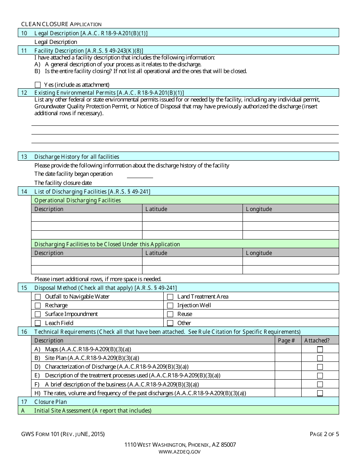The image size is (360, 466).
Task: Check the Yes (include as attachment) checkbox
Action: click(x=38, y=85)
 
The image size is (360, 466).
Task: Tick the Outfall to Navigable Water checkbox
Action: click(x=38, y=297)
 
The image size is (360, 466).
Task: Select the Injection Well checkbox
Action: click(x=170, y=305)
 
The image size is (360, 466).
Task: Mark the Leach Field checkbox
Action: click(x=38, y=323)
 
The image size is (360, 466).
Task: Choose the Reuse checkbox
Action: click(x=170, y=314)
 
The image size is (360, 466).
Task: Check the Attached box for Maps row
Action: click(x=320, y=349)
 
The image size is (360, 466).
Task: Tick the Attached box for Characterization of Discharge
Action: click(x=320, y=367)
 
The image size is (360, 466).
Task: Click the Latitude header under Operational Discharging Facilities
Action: click(x=156, y=209)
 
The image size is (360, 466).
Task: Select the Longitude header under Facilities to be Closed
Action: click(x=259, y=253)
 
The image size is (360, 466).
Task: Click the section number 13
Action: click(x=24, y=156)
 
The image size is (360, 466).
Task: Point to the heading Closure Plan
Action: click(x=50, y=402)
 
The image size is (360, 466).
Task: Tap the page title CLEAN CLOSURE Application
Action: click(x=61, y=24)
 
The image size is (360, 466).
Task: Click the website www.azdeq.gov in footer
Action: click(x=180, y=452)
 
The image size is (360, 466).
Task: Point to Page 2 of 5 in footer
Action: click(x=324, y=434)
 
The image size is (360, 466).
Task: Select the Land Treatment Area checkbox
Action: click(x=170, y=297)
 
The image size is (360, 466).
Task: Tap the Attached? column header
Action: click(x=317, y=341)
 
